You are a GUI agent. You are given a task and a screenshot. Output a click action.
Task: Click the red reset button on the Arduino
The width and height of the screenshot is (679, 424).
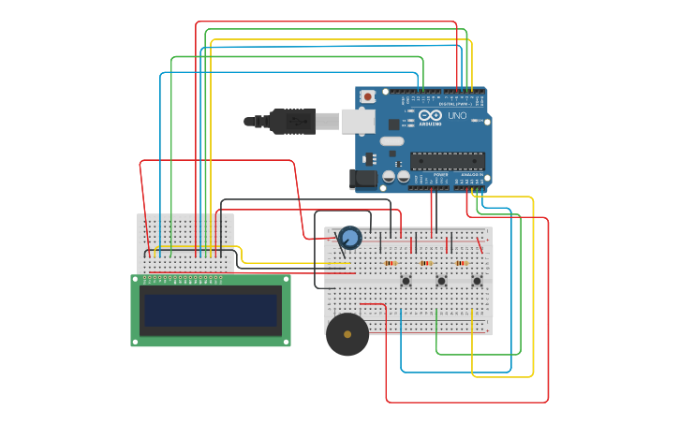368,96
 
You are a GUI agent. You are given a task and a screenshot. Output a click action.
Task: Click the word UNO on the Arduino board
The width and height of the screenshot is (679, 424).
457,116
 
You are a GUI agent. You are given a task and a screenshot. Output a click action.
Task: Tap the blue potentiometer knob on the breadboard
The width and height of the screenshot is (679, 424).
350,238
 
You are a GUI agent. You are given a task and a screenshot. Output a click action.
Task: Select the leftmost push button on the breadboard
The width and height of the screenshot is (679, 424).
406,281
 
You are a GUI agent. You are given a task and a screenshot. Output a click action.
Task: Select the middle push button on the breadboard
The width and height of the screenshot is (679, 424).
441,281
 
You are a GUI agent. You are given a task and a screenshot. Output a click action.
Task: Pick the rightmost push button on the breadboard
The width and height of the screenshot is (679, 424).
477,281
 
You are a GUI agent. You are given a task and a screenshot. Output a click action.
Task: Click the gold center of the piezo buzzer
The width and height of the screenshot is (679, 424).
347,334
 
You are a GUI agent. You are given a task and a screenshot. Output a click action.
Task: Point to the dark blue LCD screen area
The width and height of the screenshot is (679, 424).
211,311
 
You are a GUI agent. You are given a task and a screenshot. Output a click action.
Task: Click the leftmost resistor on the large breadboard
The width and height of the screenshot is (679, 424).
390,263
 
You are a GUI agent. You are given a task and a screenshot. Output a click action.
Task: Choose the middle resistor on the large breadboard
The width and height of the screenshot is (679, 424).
426,263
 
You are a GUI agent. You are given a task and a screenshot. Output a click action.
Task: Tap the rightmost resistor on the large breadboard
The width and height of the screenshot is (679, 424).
461,263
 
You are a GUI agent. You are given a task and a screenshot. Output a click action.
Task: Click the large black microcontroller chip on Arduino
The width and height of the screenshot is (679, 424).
447,161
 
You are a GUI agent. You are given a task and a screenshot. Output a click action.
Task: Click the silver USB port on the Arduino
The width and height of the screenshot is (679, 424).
357,121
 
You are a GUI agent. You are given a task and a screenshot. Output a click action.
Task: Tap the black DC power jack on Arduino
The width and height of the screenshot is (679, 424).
362,178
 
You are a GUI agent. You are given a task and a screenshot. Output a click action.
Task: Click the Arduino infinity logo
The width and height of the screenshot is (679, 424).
430,115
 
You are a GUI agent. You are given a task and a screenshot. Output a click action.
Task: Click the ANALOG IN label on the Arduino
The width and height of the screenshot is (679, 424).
472,175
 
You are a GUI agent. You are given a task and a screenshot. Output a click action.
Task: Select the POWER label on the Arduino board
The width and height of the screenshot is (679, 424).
440,175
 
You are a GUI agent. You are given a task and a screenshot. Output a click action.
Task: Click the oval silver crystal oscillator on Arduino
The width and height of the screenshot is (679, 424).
391,141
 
